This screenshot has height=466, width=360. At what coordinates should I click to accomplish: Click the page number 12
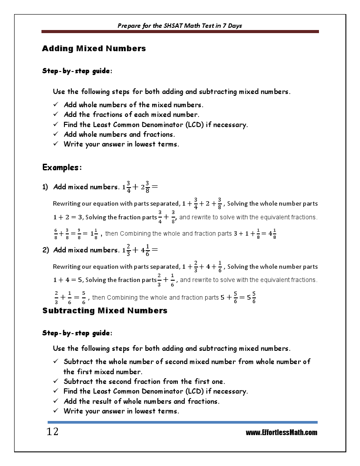coord(52,432)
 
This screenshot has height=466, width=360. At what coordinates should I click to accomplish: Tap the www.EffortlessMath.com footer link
coord(281,432)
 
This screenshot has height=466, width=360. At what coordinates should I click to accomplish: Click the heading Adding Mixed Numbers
coord(94,49)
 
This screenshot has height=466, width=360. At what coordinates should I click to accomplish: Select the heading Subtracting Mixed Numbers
coord(105,311)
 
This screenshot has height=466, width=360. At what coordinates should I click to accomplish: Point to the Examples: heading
coord(62,168)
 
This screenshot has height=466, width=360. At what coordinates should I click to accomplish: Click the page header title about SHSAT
coord(180,26)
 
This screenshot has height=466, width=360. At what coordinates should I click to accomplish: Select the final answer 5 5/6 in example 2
coord(251,297)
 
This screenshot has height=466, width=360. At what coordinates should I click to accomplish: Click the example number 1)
coord(45,187)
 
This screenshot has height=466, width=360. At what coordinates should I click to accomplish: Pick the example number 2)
coord(45,250)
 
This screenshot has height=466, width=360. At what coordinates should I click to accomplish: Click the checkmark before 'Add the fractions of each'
coord(56,115)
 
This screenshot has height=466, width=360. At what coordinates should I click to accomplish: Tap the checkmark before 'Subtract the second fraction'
coord(56,381)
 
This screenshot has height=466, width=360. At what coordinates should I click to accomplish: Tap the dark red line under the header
coord(180,32)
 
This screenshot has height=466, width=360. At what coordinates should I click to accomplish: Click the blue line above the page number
coord(180,422)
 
